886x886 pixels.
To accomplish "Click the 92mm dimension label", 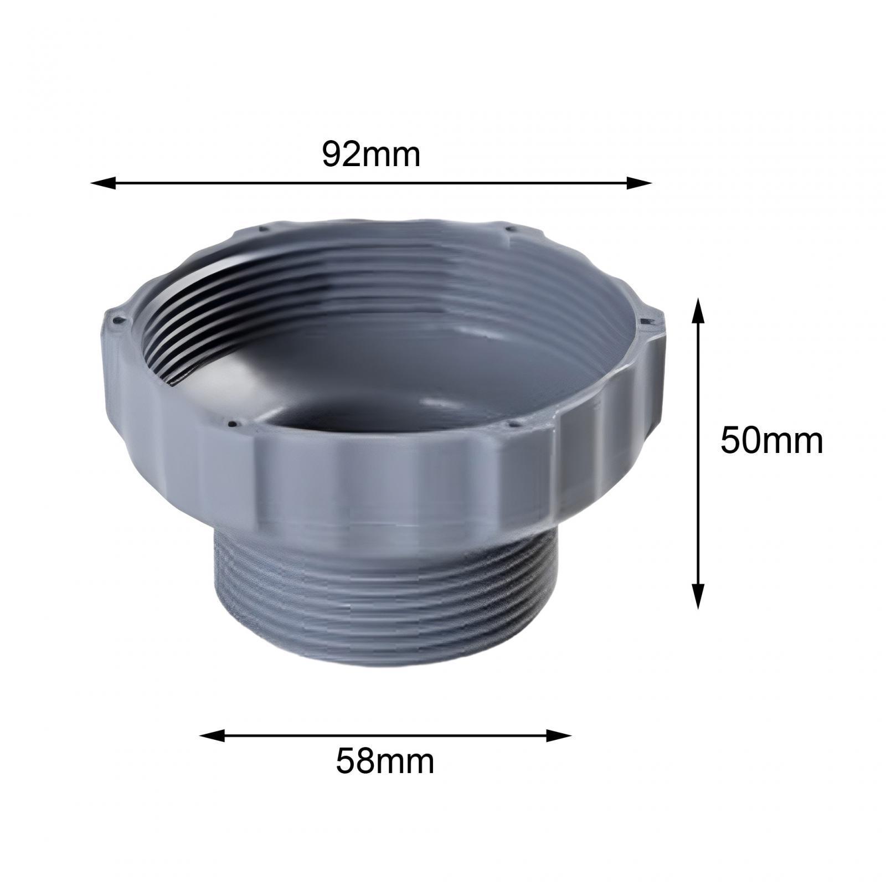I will [x=371, y=155].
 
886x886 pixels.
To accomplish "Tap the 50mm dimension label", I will [x=771, y=441].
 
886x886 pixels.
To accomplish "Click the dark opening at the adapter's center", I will [x=377, y=421].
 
